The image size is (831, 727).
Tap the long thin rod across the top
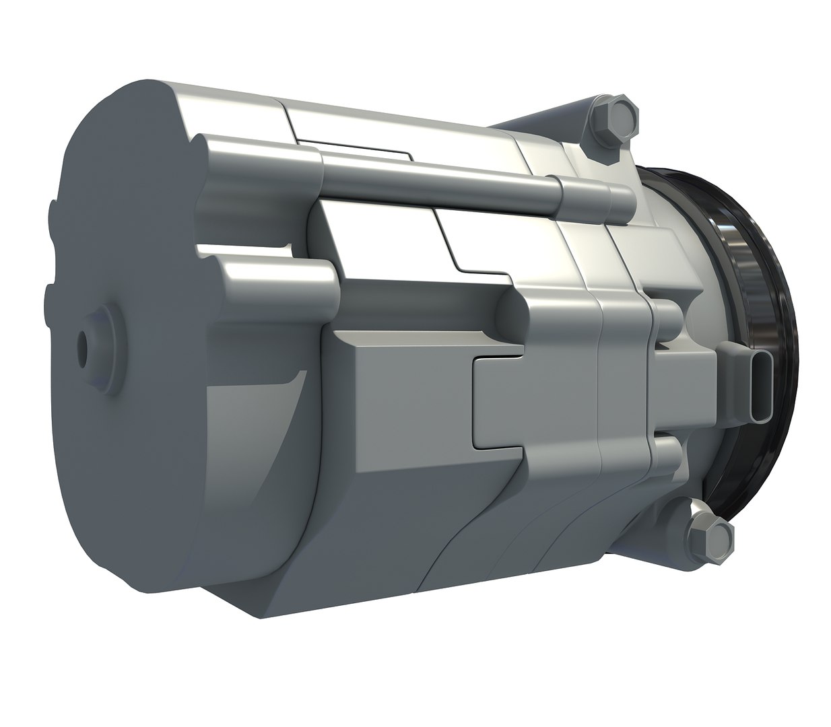coord(438,176)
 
